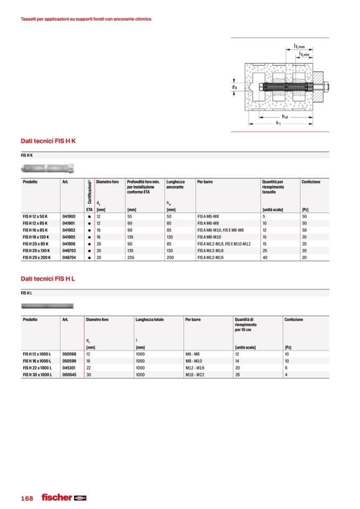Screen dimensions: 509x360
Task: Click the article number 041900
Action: coord(69,217)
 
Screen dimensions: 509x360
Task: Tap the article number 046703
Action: coord(69,250)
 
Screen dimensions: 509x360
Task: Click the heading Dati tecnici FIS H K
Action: coord(48,141)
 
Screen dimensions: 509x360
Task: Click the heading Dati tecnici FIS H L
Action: coord(48,279)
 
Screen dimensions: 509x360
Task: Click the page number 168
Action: coord(27,498)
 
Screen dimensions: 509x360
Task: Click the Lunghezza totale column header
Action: coord(149,320)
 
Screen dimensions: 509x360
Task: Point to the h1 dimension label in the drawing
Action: coord(278,123)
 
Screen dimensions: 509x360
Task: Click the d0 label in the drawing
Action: coord(234,86)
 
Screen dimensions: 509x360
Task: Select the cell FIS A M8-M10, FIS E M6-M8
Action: coord(220,230)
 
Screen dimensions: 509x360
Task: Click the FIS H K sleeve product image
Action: coord(48,169)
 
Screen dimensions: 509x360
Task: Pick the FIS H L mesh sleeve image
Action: coord(47,306)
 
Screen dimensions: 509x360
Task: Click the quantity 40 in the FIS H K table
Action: coord(264,256)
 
